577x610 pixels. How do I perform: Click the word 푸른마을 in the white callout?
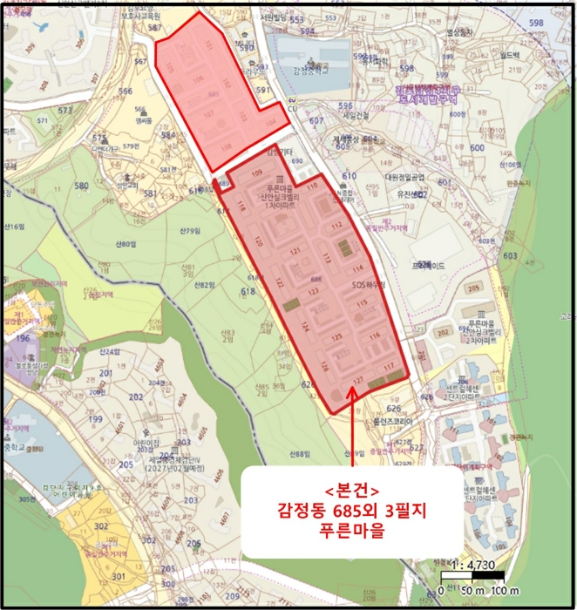(x=353, y=526)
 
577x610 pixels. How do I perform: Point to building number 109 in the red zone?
(x=256, y=174)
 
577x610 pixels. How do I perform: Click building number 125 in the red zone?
(x=335, y=336)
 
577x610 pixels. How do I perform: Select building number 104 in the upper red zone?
(x=271, y=122)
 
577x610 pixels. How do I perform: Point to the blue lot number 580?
(x=82, y=186)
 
